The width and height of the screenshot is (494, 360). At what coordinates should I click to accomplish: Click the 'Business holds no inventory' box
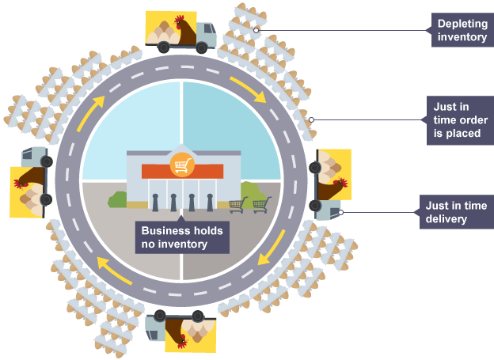click(182, 237)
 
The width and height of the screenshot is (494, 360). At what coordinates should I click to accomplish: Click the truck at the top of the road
click(180, 32)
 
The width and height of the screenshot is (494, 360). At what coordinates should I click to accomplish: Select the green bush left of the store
click(118, 200)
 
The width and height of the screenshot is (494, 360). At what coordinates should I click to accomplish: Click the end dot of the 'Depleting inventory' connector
click(256, 31)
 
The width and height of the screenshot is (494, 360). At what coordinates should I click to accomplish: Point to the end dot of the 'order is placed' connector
click(311, 120)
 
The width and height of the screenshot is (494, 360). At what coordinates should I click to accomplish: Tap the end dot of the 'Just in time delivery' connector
click(340, 211)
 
